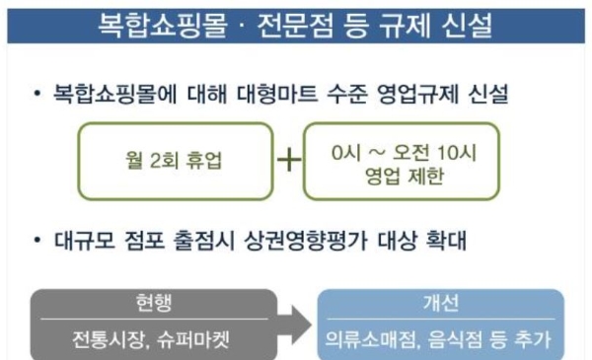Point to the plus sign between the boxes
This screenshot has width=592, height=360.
click(x=288, y=161)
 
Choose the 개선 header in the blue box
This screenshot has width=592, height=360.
click(x=439, y=301)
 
